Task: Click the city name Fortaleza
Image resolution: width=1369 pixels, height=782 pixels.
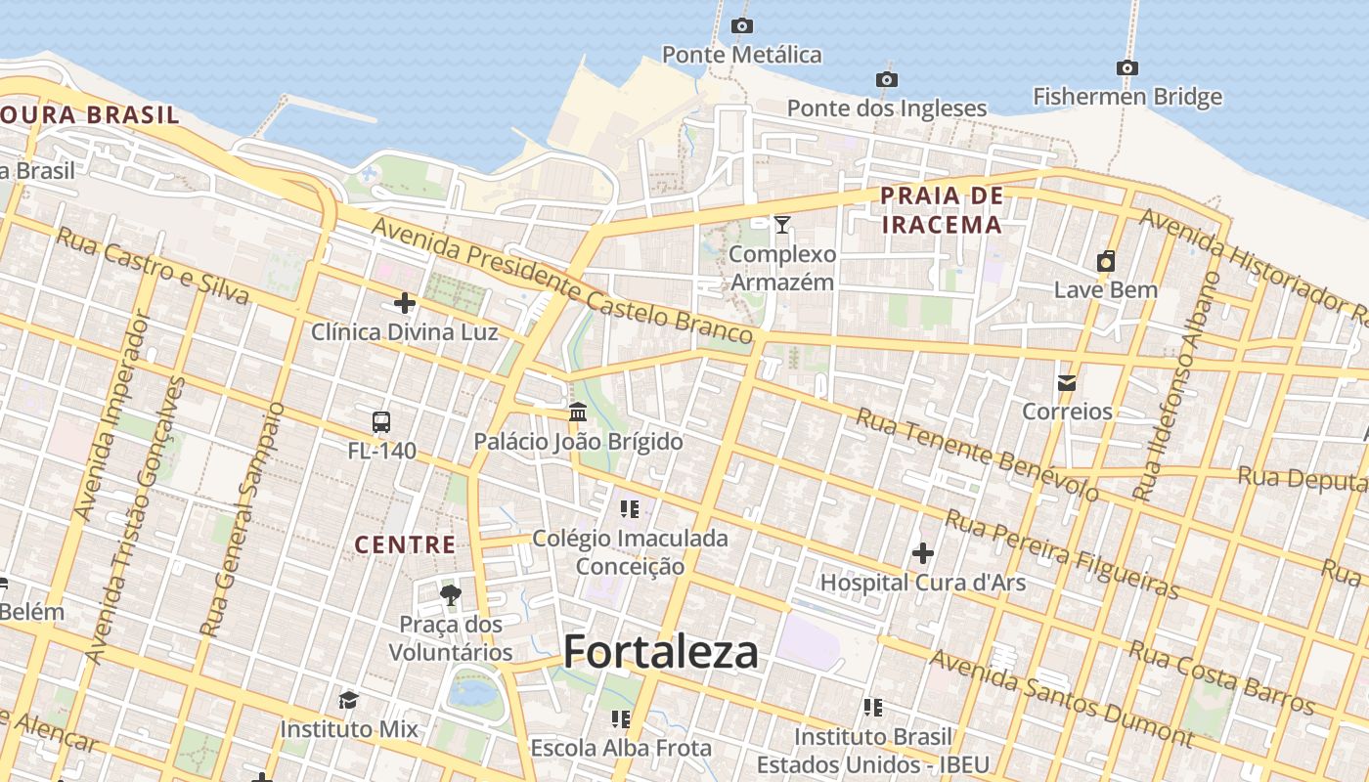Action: tap(661, 652)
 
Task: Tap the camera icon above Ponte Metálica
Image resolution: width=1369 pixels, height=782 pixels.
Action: tap(742, 26)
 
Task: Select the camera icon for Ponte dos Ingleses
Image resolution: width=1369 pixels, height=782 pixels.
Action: tap(887, 79)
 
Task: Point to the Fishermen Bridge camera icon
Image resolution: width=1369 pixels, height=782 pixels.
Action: tap(1127, 68)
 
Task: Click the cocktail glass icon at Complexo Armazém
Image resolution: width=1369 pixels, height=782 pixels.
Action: tap(782, 225)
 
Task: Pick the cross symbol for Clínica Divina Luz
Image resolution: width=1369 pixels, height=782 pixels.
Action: tap(405, 303)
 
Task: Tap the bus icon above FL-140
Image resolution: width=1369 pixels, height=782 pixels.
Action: tap(381, 422)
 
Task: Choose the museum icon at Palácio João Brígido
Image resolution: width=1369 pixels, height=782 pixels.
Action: tap(578, 413)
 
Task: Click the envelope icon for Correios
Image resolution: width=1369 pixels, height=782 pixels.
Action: tap(1067, 382)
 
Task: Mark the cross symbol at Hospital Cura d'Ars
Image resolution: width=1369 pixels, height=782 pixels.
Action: tap(922, 554)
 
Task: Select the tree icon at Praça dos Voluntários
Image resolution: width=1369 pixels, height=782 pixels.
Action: tap(451, 594)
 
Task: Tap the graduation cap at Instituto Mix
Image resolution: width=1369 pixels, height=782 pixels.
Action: tap(348, 700)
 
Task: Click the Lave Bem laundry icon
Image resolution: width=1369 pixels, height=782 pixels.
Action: tap(1106, 261)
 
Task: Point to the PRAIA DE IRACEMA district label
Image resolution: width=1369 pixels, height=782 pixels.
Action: tap(942, 210)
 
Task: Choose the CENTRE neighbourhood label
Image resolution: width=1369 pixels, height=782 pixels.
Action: tap(405, 544)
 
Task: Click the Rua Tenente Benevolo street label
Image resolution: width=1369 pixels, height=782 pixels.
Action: tap(977, 455)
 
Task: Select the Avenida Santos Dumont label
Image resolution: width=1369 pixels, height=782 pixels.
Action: tap(1060, 697)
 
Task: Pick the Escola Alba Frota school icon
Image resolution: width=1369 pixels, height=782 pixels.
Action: tap(621, 719)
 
